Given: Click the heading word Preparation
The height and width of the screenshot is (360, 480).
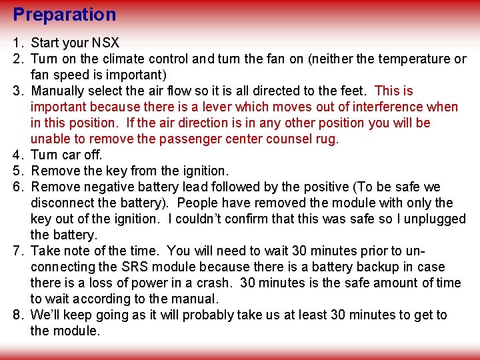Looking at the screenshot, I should click(65, 15).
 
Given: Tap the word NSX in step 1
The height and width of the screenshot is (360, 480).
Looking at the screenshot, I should click(105, 43).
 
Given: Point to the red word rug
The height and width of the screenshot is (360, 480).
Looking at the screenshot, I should click(328, 139).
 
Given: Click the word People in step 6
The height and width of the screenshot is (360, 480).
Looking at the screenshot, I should click(198, 203).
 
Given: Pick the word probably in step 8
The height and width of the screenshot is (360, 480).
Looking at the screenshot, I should click(211, 315).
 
